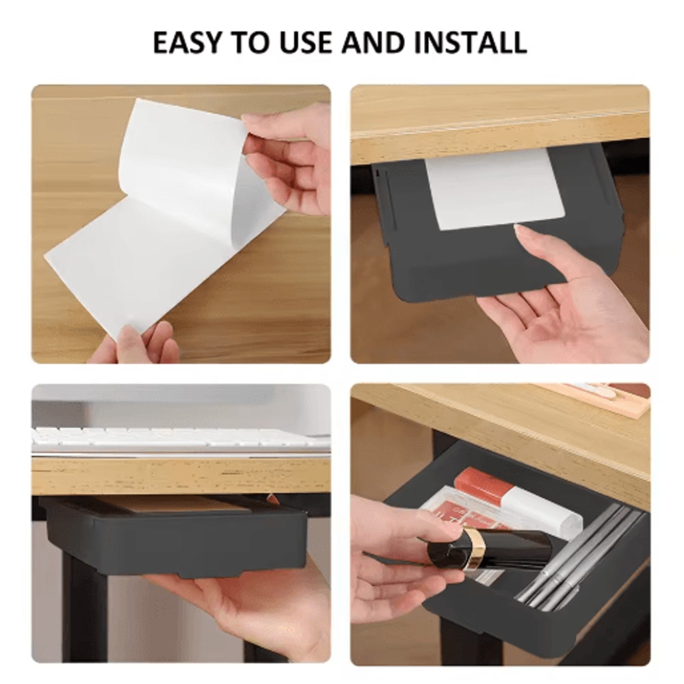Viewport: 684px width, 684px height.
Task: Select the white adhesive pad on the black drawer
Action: pos(492,188)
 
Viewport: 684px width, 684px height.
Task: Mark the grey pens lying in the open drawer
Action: pos(581,554)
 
